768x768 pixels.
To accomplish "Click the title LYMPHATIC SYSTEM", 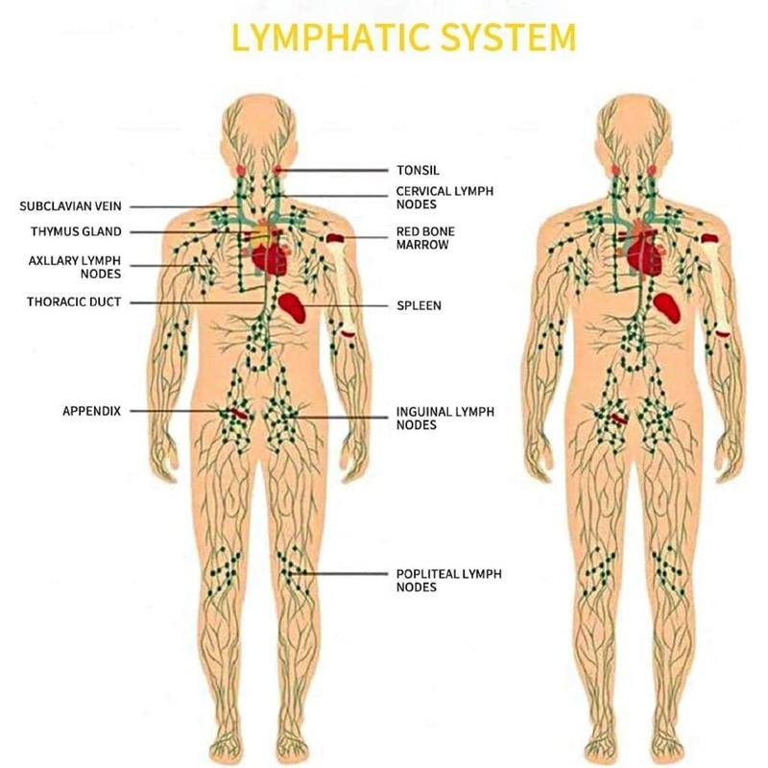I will [404, 37].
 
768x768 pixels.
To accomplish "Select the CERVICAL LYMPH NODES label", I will [444, 198].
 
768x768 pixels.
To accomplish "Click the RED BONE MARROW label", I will [426, 238].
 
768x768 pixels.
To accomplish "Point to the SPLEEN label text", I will [419, 306].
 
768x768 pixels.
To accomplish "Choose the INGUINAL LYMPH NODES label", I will [444, 418].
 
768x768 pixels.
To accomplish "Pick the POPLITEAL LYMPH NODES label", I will [448, 581].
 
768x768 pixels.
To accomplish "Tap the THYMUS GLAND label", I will [76, 231].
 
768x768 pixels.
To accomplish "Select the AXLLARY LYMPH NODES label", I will [75, 266].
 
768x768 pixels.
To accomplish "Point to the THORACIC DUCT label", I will [74, 302].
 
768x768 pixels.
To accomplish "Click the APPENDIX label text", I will [91, 411].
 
